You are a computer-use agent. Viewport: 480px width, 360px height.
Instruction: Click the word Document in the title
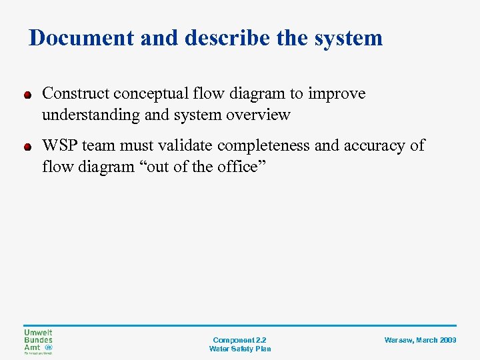81,38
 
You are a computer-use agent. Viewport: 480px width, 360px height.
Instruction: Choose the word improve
337,94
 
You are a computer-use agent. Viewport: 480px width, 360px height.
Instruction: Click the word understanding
90,115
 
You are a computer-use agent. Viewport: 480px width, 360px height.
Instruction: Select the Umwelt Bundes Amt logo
38,341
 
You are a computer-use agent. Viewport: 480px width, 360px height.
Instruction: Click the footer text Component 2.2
240,340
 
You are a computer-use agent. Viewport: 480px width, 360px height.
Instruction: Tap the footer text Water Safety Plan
240,349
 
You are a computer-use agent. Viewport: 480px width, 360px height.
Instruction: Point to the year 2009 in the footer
448,340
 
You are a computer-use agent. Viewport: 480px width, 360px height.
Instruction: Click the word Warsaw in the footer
399,340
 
